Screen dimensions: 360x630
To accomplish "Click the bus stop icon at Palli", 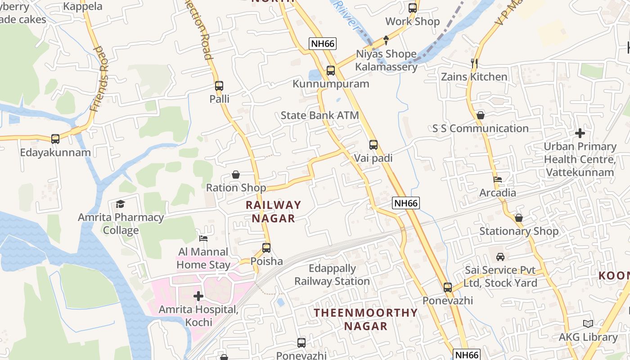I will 219,85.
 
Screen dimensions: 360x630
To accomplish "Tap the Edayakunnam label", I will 55,153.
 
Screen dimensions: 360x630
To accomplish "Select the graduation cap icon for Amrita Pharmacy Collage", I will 120,204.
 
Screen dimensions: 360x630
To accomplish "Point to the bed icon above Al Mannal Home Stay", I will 203,238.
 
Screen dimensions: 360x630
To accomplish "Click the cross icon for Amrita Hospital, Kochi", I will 198,296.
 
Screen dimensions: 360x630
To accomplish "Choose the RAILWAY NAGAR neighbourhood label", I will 273,211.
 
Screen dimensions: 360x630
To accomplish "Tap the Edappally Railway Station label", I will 332,275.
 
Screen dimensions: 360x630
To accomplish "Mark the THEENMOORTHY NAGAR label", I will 365,319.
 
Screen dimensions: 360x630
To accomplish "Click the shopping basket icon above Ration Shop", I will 236,175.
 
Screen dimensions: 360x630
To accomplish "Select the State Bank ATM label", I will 319,115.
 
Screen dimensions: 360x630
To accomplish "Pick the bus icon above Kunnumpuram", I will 331,70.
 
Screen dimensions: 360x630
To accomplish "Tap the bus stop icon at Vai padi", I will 373,144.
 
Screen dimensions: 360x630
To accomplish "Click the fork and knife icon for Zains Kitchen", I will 474,63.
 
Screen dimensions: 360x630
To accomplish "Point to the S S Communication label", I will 480,128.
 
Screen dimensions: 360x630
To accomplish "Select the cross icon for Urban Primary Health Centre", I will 580,133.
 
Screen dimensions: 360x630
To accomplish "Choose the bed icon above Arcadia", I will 497,179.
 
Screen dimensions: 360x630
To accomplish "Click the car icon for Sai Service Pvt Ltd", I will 500,257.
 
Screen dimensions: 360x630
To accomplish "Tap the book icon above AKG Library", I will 588,324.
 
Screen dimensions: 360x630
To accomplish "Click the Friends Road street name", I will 99,79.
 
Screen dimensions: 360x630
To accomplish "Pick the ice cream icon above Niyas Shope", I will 386,40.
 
